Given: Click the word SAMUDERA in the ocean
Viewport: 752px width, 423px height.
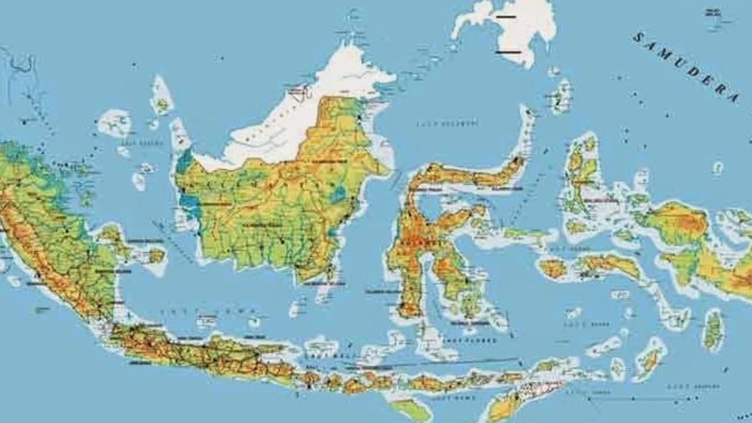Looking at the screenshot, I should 686,66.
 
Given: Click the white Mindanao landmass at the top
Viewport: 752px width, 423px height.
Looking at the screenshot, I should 514,28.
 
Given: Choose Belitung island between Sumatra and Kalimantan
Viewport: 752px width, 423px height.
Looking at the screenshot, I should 155,255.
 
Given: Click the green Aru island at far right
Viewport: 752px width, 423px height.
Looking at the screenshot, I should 713,330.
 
